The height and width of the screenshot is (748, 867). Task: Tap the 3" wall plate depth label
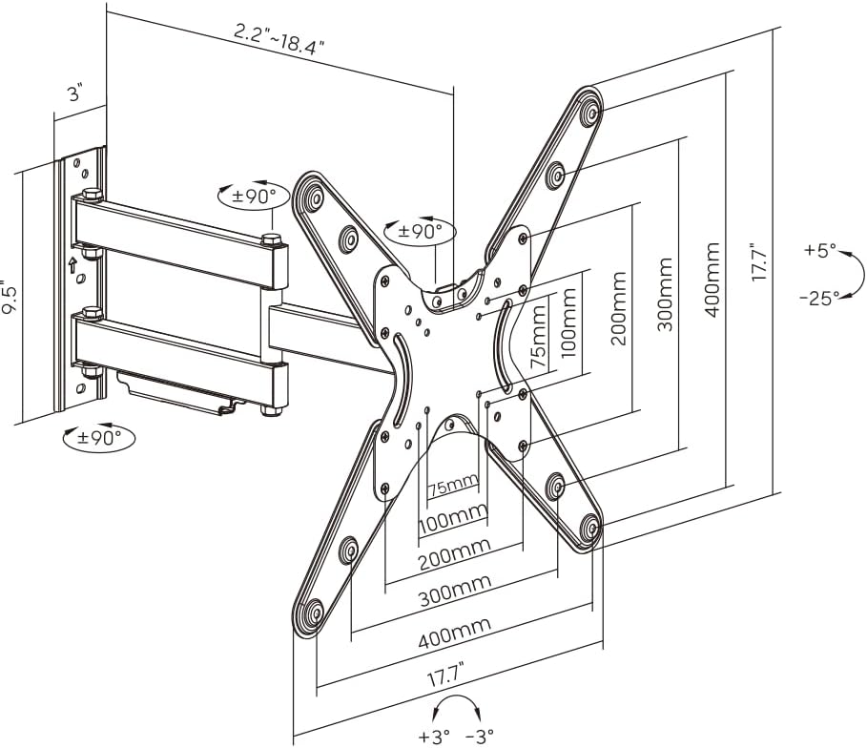coord(74,93)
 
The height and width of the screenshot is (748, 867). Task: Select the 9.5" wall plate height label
coord(9,297)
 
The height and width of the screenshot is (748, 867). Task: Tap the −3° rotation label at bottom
coord(480,737)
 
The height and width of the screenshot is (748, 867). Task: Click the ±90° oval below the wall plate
coord(99,439)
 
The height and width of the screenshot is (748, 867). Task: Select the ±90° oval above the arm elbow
coord(253,197)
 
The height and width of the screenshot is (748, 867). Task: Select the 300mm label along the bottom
coord(454,592)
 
